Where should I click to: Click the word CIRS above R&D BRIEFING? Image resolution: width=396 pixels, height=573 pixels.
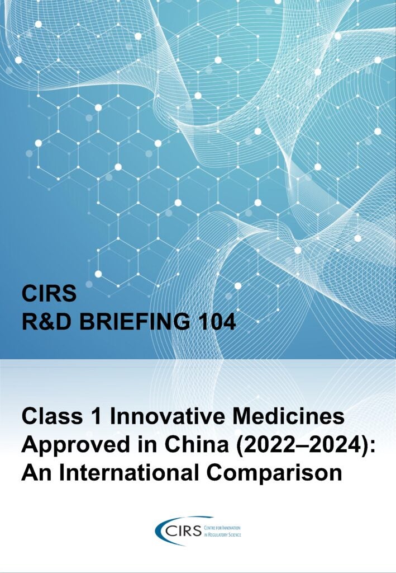[x=49, y=293]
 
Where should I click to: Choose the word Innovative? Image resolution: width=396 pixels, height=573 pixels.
[x=168, y=416]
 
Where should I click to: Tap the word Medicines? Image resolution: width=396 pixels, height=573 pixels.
[x=288, y=416]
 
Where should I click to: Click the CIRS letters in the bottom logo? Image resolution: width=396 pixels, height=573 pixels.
[x=183, y=530]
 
